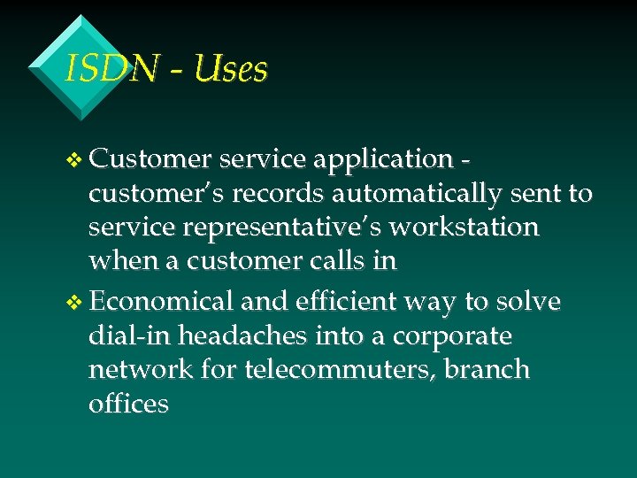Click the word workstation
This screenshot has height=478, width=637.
[x=464, y=227]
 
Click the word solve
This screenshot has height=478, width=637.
[x=528, y=302]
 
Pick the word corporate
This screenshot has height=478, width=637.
[x=452, y=337]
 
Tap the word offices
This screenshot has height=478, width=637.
[x=128, y=404]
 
